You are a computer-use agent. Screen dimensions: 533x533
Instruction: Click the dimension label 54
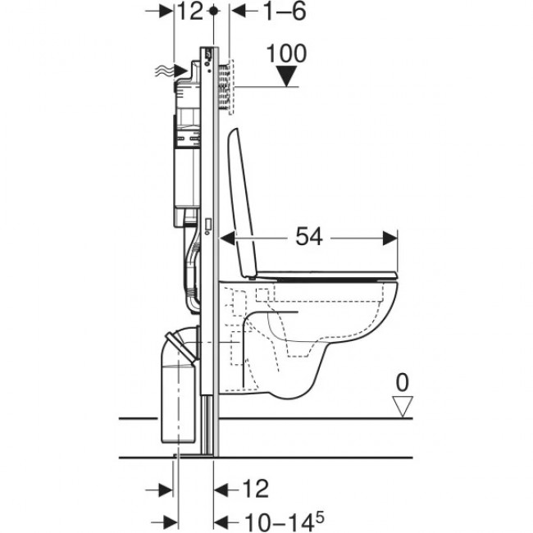(309, 238)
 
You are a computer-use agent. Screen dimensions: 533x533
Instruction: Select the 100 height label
(286, 54)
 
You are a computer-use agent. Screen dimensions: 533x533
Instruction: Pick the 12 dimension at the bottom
(255, 490)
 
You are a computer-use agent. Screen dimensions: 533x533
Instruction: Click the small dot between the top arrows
(214, 11)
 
